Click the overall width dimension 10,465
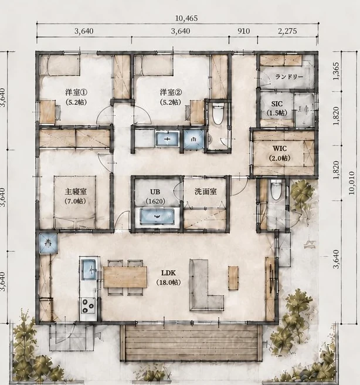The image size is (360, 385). [x=186, y=18]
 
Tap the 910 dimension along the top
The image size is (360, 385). [x=243, y=31]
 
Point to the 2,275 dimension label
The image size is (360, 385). [x=287, y=31]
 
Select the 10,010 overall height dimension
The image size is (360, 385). [x=351, y=183]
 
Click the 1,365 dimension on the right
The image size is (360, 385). [x=336, y=71]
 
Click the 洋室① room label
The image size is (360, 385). [x=76, y=92]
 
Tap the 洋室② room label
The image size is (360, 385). [x=171, y=92]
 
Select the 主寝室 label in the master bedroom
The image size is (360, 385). [x=76, y=191]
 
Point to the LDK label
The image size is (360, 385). [x=168, y=272]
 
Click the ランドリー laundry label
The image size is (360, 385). [x=289, y=77]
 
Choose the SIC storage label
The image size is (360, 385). [x=277, y=104]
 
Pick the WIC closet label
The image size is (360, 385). [x=280, y=148]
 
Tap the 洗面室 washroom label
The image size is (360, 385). [x=206, y=191]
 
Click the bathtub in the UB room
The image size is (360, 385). [x=157, y=217]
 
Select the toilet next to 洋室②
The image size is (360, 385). [x=218, y=114]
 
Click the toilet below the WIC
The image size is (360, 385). [x=276, y=190]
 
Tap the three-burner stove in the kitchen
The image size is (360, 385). [x=88, y=305]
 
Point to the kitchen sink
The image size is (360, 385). [x=89, y=270]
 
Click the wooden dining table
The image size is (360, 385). [x=125, y=277]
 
